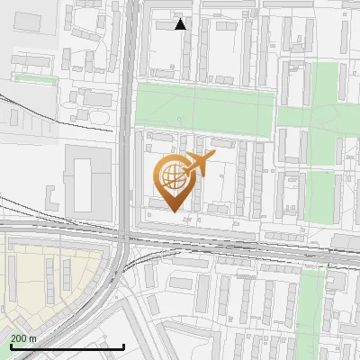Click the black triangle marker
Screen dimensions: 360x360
click(x=181, y=24)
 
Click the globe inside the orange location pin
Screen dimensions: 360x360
click(x=170, y=175)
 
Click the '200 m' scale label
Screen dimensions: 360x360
click(x=23, y=337)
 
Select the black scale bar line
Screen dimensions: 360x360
click(x=67, y=346)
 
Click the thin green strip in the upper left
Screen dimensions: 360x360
click(x=36, y=79)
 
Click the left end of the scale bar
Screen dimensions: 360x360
click(x=10, y=346)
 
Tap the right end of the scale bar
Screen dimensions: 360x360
click(x=123, y=346)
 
